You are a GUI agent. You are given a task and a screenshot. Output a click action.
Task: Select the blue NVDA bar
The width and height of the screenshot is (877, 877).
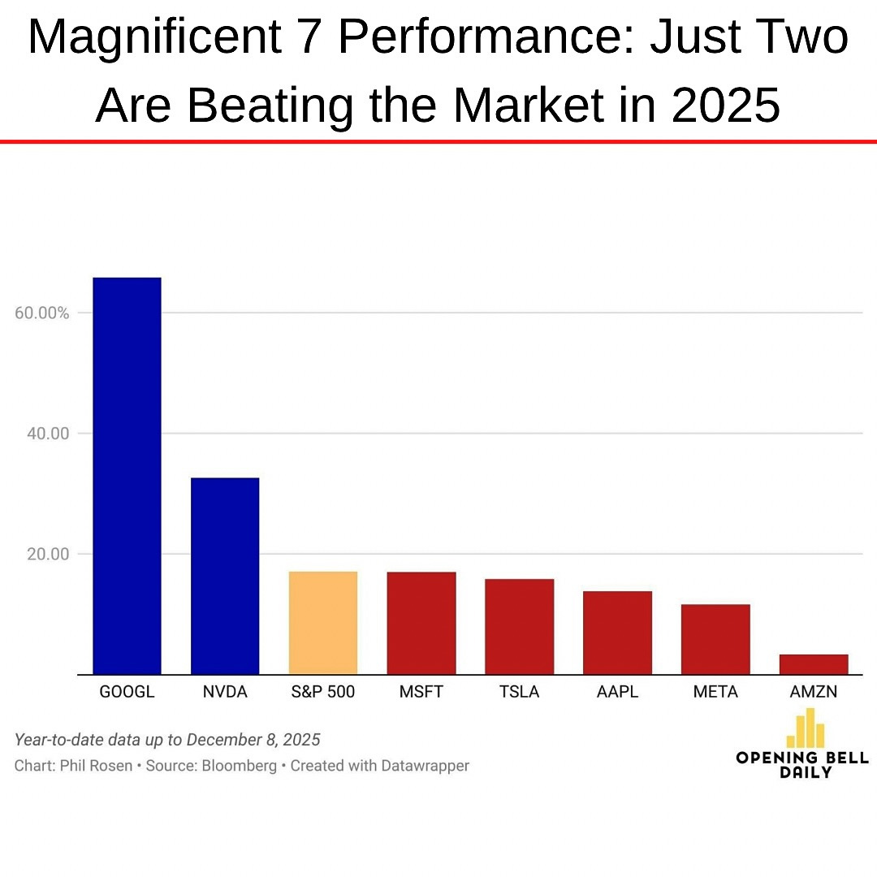pos(225,576)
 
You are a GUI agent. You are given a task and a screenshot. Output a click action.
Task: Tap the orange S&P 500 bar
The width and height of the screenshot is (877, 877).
pos(323,623)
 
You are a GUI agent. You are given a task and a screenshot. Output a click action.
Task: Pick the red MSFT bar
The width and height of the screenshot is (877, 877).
pos(421,623)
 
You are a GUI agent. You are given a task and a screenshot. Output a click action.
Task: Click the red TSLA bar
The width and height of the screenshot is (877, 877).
pos(519,626)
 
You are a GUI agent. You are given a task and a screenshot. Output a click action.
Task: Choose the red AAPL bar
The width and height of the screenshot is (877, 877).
pos(617,633)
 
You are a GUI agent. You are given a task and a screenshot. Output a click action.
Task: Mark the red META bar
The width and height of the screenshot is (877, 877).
pos(715,639)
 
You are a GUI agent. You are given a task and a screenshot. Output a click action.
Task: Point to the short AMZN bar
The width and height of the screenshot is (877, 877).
pos(813,664)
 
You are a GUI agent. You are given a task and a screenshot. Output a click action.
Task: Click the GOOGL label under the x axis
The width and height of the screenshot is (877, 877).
pos(127,693)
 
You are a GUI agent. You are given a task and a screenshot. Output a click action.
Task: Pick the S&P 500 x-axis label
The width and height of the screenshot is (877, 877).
pos(323,693)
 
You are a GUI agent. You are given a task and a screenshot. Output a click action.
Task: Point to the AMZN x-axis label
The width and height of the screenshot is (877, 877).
pos(813,693)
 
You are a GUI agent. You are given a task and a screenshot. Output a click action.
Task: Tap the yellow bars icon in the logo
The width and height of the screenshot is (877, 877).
pos(805,728)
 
